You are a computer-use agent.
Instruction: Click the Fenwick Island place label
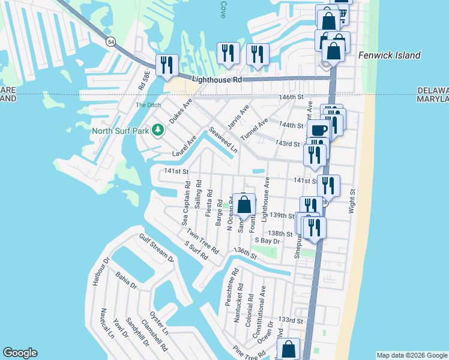tap(389, 55)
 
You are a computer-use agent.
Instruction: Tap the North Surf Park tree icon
tap(158, 130)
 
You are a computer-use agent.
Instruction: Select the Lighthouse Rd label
tap(217, 79)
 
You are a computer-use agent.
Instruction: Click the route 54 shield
tap(112, 42)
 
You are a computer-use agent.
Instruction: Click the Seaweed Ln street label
tap(219, 139)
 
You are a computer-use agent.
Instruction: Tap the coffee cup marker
tap(318, 130)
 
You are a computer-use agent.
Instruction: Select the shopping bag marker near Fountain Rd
tap(244, 205)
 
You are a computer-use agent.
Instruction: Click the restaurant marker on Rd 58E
tap(166, 64)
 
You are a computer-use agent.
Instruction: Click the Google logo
tap(20, 353)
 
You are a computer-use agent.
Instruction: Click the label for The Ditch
tap(148, 106)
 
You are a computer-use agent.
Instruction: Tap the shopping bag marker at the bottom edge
tap(289, 349)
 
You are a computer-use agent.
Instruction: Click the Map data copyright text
tap(412, 355)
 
